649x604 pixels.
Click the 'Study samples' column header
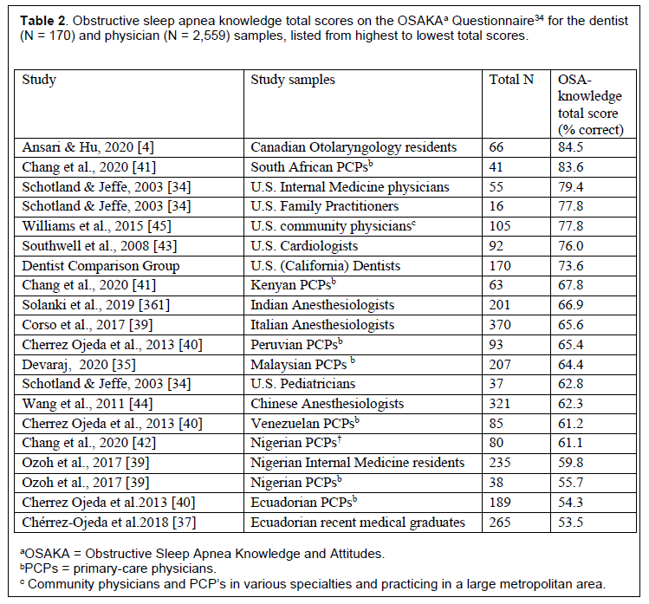click(x=293, y=80)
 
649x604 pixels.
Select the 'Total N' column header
click(x=511, y=80)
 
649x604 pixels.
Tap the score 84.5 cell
click(x=570, y=147)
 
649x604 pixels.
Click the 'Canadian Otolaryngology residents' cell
click(x=354, y=147)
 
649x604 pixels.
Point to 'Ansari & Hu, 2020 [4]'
click(x=88, y=147)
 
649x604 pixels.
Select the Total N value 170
click(x=500, y=265)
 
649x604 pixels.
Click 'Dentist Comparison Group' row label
click(x=101, y=266)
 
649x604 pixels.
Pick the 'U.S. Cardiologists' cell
click(x=304, y=246)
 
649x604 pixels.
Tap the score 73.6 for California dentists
click(x=570, y=265)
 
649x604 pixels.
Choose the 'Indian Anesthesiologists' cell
click(x=322, y=305)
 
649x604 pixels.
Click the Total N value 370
click(x=500, y=325)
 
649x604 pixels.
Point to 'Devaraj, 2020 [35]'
click(x=79, y=364)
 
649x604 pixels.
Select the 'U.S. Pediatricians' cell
click(x=303, y=384)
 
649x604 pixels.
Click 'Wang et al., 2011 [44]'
click(x=88, y=404)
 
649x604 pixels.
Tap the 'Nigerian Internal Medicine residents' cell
click(x=358, y=463)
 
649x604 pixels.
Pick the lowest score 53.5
click(x=570, y=522)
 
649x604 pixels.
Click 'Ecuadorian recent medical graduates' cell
click(x=358, y=523)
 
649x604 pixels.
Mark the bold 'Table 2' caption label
click(x=42, y=20)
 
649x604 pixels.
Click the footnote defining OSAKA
click(x=203, y=554)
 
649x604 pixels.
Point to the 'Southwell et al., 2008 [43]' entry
click(x=100, y=246)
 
